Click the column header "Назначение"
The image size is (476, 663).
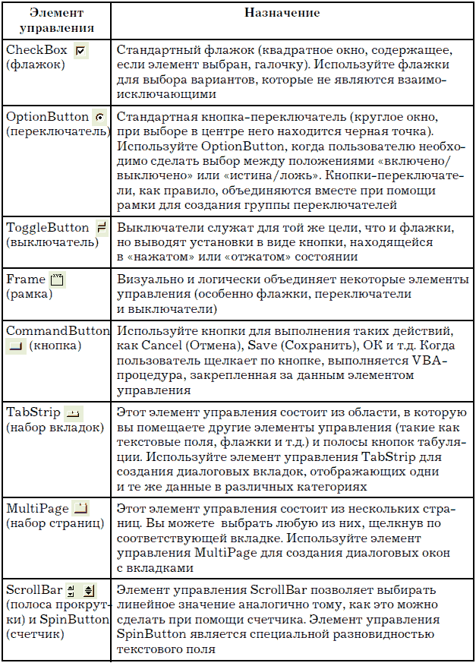282,14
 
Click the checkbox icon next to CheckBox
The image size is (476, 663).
81,51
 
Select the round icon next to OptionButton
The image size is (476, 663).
99,118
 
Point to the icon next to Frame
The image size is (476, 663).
58,280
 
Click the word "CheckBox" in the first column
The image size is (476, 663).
36,50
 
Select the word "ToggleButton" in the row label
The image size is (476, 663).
48,228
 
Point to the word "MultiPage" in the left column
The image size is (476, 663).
37,508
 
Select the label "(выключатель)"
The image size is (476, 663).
52,243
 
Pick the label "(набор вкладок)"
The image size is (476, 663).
54,428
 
